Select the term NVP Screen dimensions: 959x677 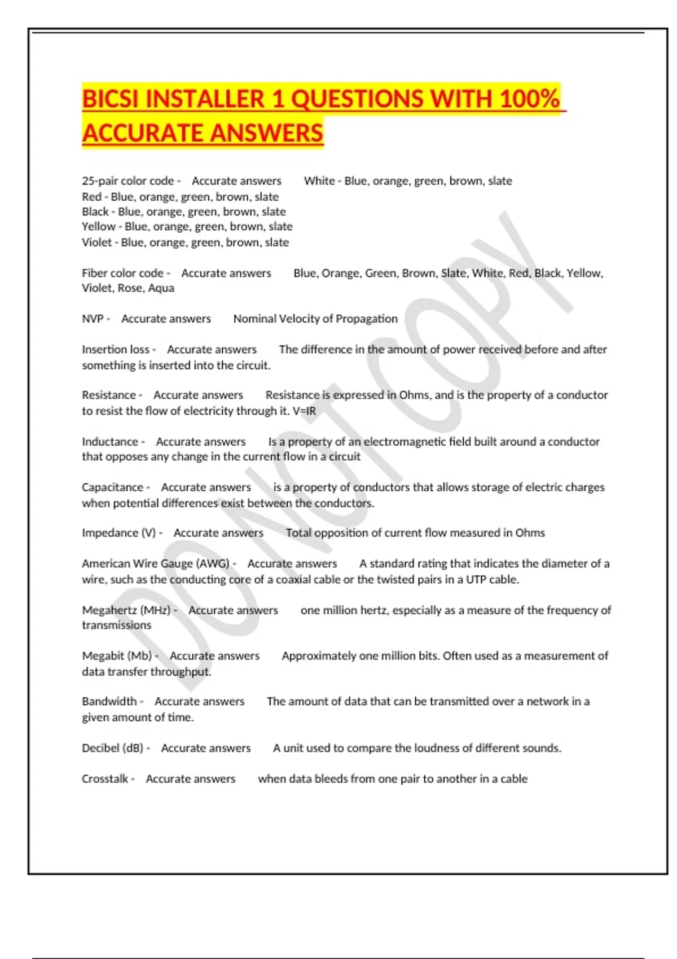93,319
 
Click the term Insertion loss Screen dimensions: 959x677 116,349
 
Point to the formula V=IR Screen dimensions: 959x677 304,411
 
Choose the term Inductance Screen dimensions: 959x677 110,441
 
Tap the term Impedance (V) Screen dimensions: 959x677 119,533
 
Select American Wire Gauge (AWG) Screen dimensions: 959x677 156,563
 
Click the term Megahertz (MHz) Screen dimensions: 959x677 126,610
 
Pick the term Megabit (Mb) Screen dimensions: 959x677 117,656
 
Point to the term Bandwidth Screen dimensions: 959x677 109,701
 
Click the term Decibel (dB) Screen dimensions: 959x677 113,748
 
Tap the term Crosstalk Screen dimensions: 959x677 105,778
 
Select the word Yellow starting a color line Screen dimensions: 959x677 99,227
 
